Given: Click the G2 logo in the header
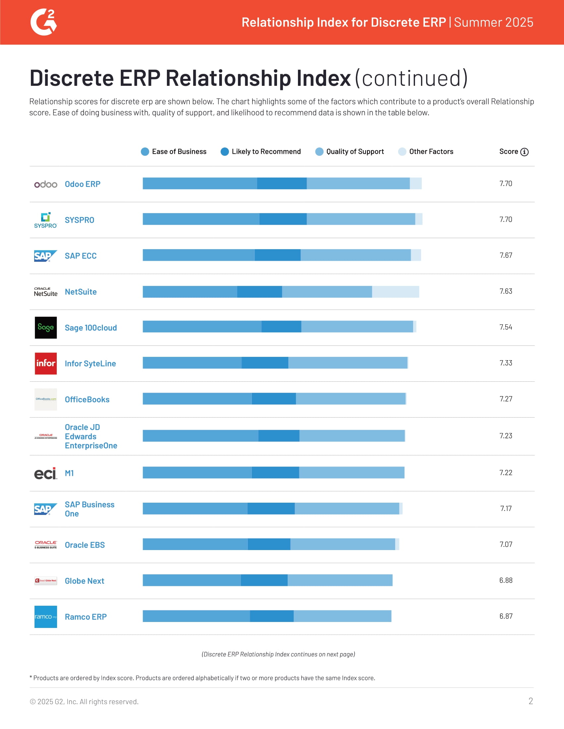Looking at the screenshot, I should (x=43, y=22).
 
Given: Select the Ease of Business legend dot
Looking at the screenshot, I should (x=145, y=152).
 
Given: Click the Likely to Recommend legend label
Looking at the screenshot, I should (x=266, y=152).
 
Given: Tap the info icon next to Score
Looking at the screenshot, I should (x=525, y=152).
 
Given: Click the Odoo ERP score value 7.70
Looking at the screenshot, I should (x=506, y=184).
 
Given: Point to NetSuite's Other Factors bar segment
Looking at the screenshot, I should (x=395, y=292).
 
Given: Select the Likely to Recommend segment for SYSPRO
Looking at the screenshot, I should (x=283, y=219).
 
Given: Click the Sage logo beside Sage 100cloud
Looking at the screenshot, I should (x=46, y=327).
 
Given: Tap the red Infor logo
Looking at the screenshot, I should (x=46, y=364).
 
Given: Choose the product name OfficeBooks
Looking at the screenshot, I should (x=87, y=400).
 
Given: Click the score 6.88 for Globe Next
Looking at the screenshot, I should (x=506, y=581).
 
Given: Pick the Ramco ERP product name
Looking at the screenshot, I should (x=86, y=617).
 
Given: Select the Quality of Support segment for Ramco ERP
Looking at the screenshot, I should (x=342, y=616).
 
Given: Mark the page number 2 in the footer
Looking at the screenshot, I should (x=530, y=701).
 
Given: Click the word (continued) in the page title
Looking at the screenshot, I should (x=411, y=79).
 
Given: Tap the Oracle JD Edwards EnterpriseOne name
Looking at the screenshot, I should (x=91, y=436).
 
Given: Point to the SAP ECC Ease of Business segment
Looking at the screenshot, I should (x=198, y=255).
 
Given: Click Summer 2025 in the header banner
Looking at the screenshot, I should (x=494, y=22).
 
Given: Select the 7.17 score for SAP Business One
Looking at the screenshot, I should (x=506, y=508).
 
